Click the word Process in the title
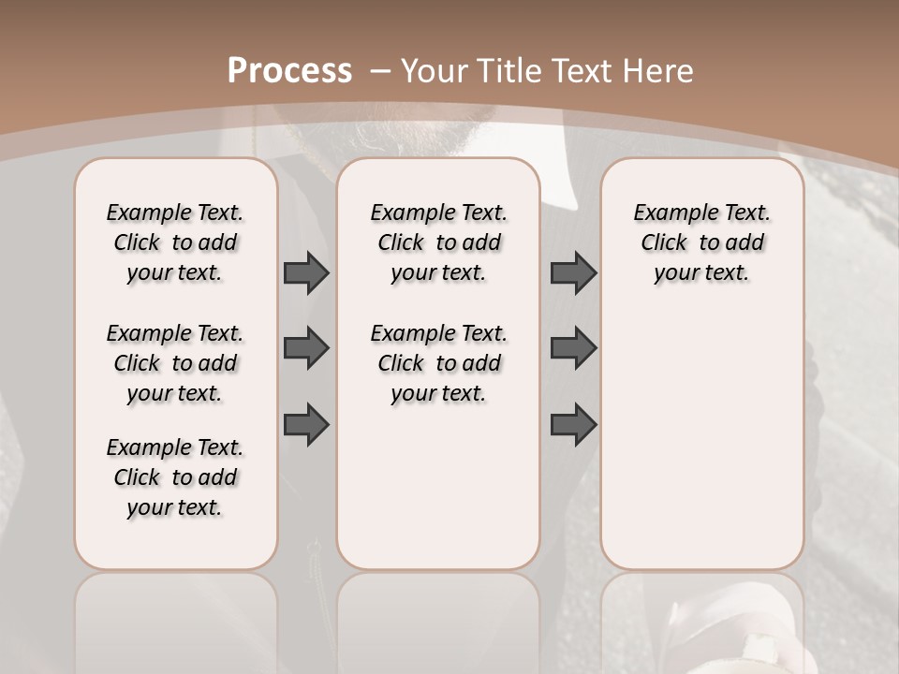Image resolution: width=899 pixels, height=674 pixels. tap(289, 70)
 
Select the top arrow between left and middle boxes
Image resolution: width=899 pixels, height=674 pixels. tap(306, 272)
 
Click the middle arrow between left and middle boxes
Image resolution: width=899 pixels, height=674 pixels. tap(306, 348)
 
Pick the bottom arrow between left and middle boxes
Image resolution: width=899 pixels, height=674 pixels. tap(306, 425)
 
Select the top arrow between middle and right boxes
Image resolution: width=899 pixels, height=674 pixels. tap(573, 272)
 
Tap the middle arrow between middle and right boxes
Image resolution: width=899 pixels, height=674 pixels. tap(573, 348)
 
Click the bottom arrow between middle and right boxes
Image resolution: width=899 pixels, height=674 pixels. tap(573, 425)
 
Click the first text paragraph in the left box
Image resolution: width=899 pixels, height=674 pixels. tap(175, 242)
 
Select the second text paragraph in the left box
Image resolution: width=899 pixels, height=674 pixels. tap(175, 363)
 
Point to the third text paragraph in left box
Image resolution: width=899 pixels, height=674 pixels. tap(175, 477)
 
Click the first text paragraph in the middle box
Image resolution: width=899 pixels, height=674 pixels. tap(439, 242)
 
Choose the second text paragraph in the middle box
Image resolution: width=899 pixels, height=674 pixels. tap(439, 363)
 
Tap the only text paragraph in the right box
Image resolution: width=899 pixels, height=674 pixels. tap(702, 242)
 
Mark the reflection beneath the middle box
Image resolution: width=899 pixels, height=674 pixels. tap(438, 618)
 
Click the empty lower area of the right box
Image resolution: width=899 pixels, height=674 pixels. tap(702, 449)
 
